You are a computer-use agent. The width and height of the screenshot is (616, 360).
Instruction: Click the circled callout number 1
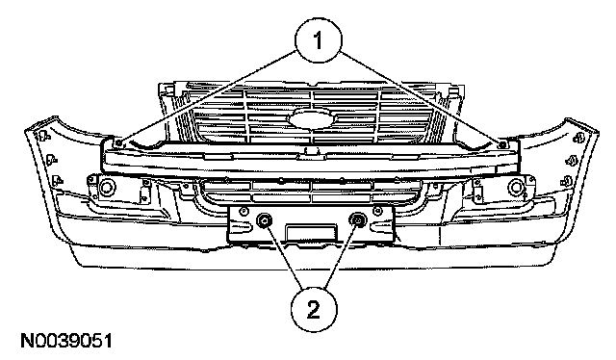[x=319, y=39]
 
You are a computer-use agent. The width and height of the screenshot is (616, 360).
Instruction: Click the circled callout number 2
[x=314, y=310]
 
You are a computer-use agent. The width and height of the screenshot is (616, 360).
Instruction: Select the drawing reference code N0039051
[x=66, y=341]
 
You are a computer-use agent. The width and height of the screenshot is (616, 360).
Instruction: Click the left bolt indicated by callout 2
[x=264, y=220]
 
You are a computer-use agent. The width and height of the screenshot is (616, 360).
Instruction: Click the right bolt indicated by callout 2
[x=357, y=220]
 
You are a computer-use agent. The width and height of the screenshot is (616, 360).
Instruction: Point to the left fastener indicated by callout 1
[x=119, y=142]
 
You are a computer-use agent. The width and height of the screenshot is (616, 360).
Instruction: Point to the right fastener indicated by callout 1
[x=501, y=144]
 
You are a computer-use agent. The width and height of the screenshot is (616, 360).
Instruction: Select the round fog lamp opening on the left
[x=106, y=187]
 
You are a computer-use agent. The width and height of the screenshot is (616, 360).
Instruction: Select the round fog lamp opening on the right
[x=516, y=187]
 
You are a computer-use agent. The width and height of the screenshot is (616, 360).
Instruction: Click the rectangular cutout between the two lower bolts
[x=311, y=232]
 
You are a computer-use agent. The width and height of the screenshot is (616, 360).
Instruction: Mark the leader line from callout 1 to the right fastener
[x=421, y=97]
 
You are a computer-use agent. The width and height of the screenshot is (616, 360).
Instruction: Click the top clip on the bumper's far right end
[x=578, y=139]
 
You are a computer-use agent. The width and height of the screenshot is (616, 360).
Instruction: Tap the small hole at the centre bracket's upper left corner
[x=243, y=212]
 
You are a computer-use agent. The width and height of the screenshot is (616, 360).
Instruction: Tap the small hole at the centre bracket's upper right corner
[x=378, y=211]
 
